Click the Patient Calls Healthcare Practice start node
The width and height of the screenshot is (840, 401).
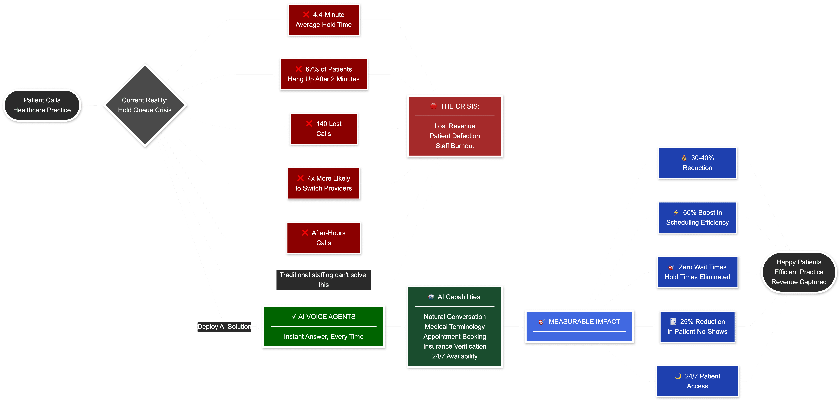pyautogui.click(x=42, y=105)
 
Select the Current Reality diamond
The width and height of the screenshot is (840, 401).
pyautogui.click(x=145, y=105)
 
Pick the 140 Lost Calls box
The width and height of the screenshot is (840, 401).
pyautogui.click(x=324, y=129)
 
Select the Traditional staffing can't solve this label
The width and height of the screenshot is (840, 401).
pyautogui.click(x=323, y=280)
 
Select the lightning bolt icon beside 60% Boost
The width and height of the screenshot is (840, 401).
pyautogui.click(x=676, y=212)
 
